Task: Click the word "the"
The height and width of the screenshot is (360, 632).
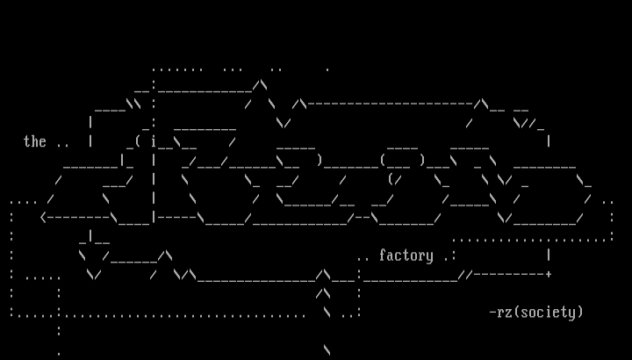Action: coord(34,141)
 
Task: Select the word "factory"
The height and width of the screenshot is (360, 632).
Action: coord(406,256)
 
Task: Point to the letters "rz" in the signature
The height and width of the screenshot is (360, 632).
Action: coord(505,312)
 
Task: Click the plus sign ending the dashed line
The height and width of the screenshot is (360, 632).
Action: coord(549,274)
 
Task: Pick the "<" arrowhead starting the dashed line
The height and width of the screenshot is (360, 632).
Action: coord(44,217)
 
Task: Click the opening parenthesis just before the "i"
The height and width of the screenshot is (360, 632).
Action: coord(139,141)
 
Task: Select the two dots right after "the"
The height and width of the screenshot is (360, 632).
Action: coord(62,142)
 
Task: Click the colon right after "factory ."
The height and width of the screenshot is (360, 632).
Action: coord(454,256)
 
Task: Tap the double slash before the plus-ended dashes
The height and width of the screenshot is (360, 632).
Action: coord(466,274)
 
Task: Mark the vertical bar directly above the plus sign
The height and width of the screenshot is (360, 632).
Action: coord(549,256)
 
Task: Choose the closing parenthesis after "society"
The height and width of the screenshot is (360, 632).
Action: coord(579,312)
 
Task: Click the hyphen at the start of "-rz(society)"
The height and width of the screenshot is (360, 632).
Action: coord(492,312)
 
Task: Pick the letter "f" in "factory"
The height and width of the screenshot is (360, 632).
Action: coord(383,256)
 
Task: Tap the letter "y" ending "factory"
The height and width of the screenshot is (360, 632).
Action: coord(430,256)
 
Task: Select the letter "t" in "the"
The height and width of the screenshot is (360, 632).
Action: coord(27,141)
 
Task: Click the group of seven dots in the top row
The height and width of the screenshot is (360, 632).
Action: coord(177,68)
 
